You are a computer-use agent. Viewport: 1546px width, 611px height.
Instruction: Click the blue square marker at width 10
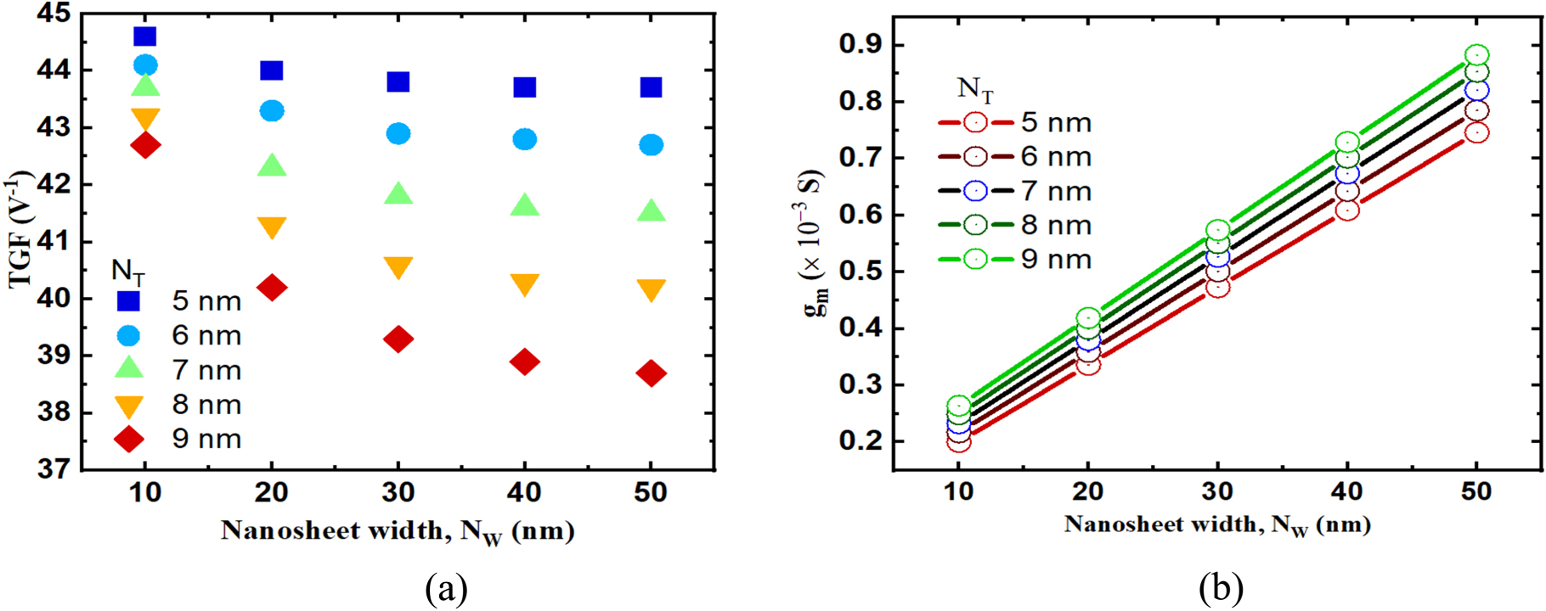145,36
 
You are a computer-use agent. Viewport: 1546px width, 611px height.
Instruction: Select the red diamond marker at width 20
272,288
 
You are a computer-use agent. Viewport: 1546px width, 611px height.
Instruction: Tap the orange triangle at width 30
398,267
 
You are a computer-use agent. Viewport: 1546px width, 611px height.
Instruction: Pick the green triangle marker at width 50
651,210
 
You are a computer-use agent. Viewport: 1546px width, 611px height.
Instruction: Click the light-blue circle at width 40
525,139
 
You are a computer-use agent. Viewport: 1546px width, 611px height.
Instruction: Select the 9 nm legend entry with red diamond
178,439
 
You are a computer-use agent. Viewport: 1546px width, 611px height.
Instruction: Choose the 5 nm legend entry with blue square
178,301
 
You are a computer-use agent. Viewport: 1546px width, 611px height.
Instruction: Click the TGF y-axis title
20,229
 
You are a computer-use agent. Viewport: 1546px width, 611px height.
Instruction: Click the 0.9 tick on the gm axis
860,44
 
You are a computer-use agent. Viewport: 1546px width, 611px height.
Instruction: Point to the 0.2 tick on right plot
860,441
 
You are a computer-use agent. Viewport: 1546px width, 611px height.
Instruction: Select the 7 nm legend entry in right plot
1014,191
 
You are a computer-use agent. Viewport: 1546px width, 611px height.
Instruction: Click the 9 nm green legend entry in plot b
1014,259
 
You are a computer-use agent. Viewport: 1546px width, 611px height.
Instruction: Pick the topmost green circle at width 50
1477,56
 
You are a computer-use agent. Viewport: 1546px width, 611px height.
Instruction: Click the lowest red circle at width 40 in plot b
1347,210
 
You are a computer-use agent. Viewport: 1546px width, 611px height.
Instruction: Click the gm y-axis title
814,246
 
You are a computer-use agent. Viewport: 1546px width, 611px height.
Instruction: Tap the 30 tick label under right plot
1217,491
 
